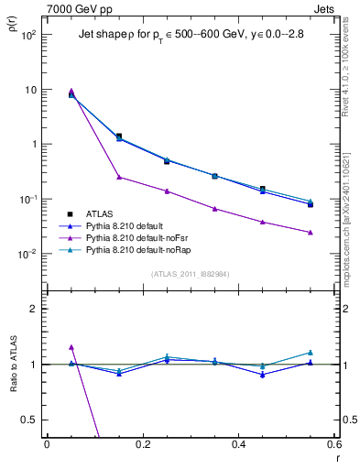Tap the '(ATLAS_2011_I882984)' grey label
pyautogui.click(x=190, y=274)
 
